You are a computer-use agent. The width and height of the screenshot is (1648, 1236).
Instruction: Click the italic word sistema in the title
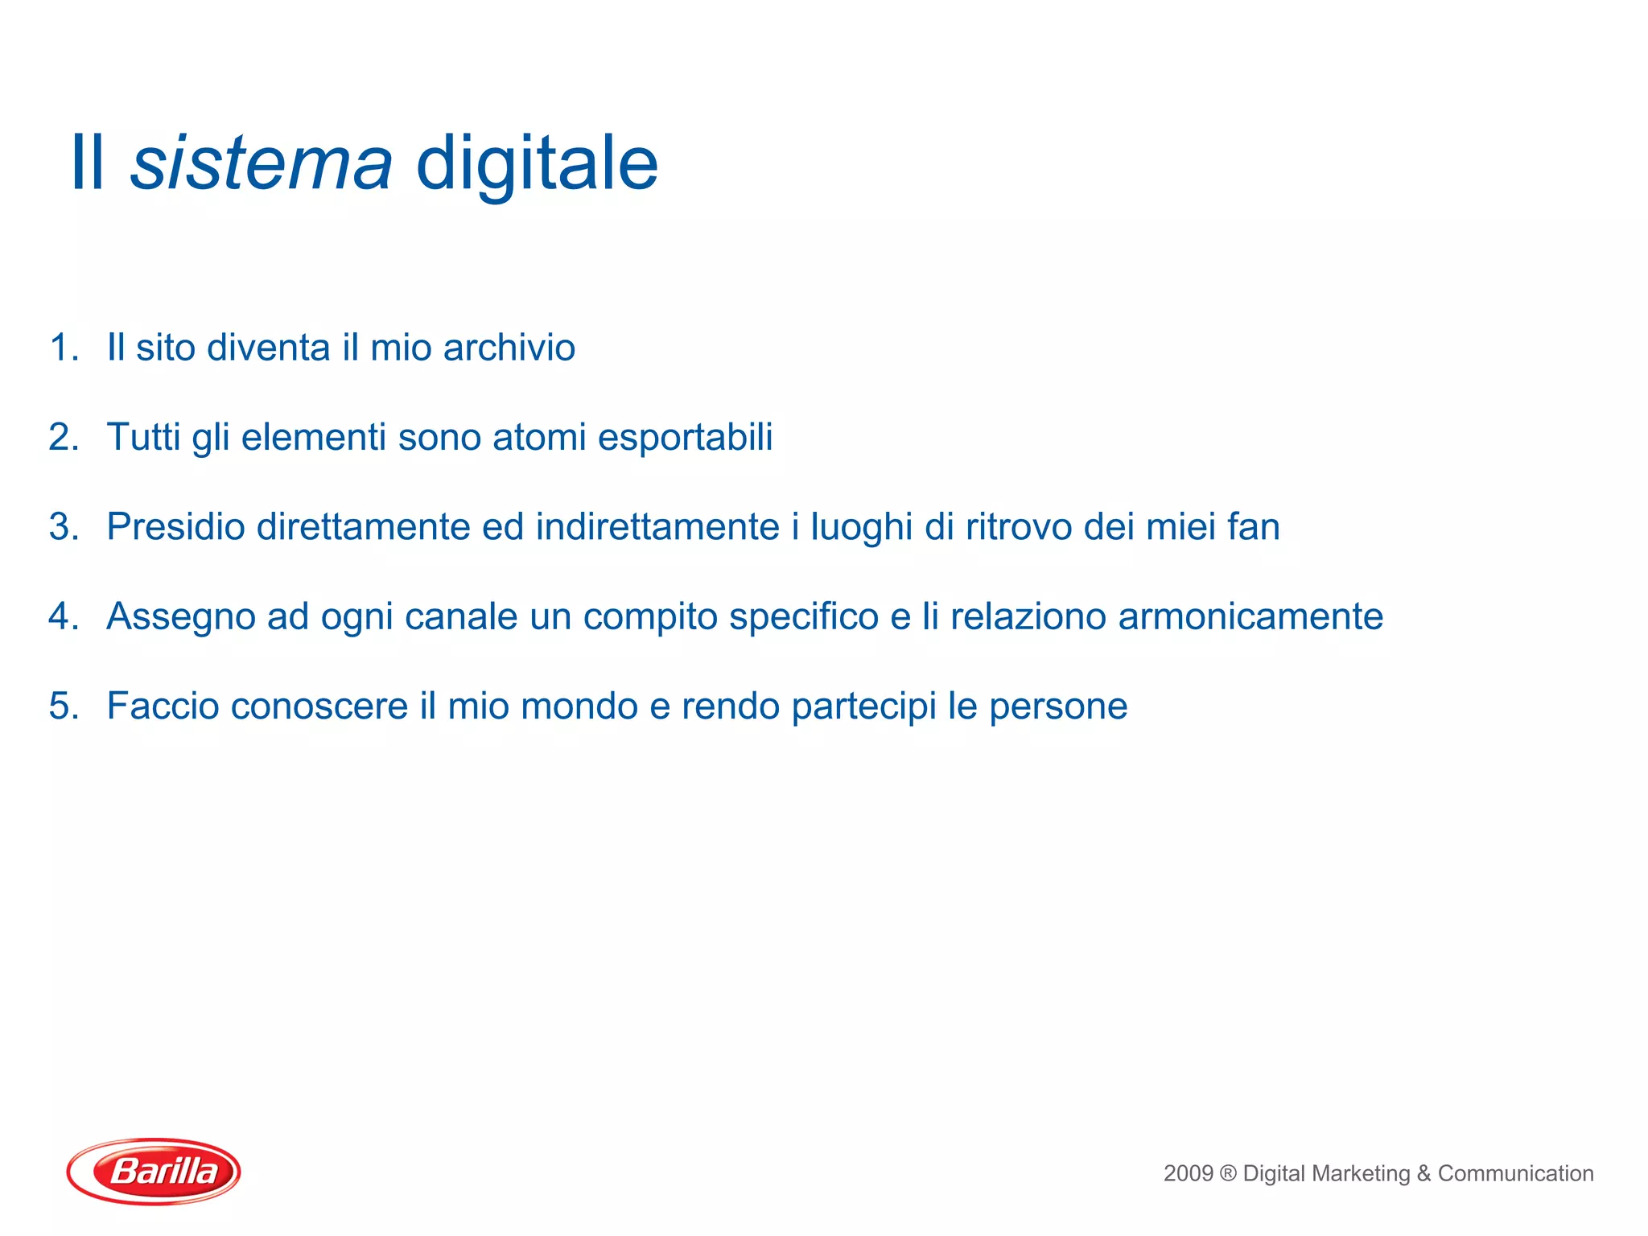point(261,163)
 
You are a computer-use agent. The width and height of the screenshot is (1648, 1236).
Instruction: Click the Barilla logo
point(154,1171)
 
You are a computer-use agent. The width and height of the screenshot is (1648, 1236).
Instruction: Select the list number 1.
point(63,348)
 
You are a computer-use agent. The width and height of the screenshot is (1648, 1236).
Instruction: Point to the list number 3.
point(63,527)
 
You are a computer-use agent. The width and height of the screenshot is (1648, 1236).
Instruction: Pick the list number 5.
point(63,707)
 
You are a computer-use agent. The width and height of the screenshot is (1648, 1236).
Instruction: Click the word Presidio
point(175,527)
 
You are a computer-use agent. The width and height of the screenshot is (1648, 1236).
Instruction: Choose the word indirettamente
point(657,527)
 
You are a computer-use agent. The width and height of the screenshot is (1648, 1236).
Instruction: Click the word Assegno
point(180,617)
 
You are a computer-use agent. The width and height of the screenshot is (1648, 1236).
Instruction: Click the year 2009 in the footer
point(1188,1173)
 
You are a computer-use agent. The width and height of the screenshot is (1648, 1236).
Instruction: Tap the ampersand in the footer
point(1423,1173)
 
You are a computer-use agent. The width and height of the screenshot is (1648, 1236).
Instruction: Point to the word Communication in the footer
point(1515,1173)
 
